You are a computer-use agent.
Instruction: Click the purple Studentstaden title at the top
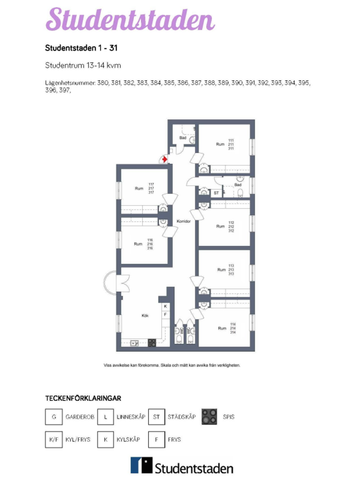(x=129, y=21)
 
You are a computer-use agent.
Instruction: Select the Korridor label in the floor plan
(x=182, y=221)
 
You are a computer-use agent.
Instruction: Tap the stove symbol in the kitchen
(x=151, y=342)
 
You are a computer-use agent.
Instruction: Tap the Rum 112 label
(x=225, y=226)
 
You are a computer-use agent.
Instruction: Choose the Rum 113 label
(x=225, y=269)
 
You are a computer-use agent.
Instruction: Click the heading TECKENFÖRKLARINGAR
(x=90, y=397)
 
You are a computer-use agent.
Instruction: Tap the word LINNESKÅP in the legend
(x=131, y=415)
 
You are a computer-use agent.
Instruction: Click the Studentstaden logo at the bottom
(x=181, y=466)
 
